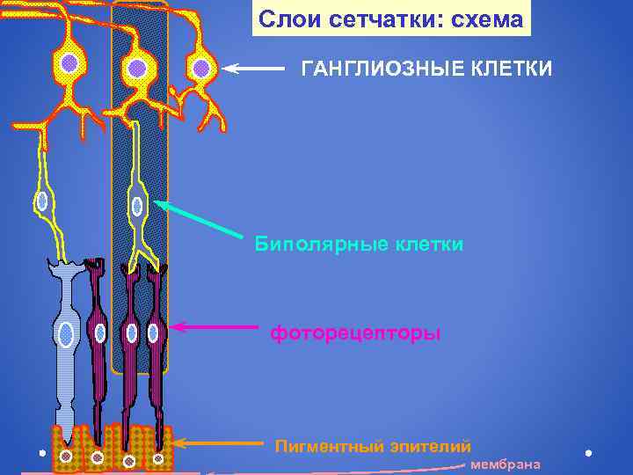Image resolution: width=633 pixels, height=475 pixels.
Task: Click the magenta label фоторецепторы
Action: pos(355,334)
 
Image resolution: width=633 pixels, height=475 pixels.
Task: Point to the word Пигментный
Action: pos(324,446)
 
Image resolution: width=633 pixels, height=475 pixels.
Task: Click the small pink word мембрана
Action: pos(506,464)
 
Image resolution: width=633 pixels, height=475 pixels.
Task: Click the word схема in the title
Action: pos(486,19)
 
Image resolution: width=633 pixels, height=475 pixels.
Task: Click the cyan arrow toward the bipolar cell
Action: pos(198,219)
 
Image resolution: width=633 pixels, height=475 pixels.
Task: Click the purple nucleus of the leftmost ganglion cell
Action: pos(69,62)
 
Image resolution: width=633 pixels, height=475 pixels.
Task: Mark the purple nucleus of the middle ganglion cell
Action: pos(136,68)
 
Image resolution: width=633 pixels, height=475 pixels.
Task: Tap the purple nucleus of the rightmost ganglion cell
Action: pos(201,68)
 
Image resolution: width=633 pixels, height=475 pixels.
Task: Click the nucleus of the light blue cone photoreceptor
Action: pos(66,334)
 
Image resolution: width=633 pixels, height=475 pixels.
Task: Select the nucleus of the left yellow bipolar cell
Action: pos(42,201)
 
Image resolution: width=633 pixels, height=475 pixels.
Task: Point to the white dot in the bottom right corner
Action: pos(588,453)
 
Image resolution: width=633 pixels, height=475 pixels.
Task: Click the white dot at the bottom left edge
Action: pos(42,453)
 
